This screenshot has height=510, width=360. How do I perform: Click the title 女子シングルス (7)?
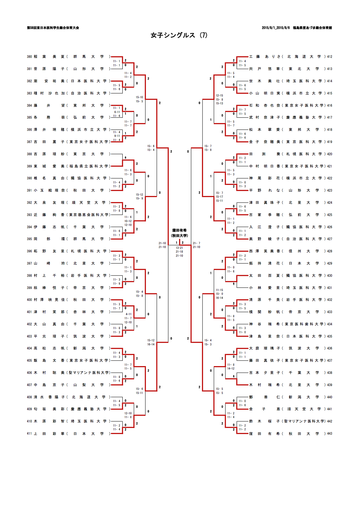[x=179, y=35]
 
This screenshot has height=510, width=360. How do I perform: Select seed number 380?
[x=29, y=57]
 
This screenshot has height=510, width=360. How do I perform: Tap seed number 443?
[x=329, y=434]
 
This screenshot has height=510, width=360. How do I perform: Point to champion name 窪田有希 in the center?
[x=179, y=230]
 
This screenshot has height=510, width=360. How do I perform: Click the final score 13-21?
[x=179, y=248]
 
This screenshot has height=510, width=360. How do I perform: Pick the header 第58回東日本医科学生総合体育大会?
[x=53, y=28]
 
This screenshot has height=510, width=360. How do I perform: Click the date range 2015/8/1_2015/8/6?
[x=275, y=28]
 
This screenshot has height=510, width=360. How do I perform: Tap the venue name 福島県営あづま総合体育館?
[x=312, y=28]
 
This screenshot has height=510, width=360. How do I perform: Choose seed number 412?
[x=329, y=57]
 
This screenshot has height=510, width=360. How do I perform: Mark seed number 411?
[x=29, y=434]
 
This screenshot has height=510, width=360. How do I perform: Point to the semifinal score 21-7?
[x=196, y=243]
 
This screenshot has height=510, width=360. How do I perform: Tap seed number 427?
[x=329, y=239]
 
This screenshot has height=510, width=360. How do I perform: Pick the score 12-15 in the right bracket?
[x=219, y=95]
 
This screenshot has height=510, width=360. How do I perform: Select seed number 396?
[x=29, y=251]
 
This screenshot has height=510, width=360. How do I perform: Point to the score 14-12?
[x=231, y=368]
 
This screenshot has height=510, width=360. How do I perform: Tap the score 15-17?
[x=219, y=197]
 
